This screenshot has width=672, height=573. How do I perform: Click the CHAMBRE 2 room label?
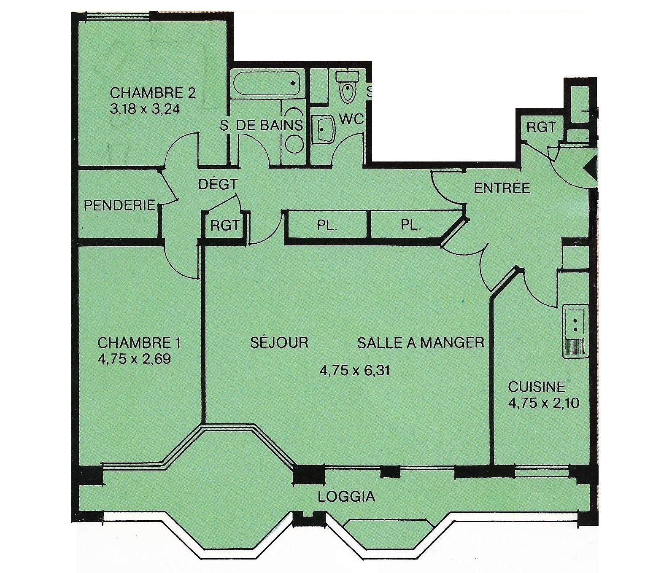[x=153, y=92]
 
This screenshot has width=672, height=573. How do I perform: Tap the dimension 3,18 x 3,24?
[x=145, y=109]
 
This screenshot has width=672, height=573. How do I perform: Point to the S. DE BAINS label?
[x=261, y=125]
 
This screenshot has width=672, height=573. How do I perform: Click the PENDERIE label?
[x=120, y=205]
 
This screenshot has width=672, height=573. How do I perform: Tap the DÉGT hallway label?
[x=218, y=184]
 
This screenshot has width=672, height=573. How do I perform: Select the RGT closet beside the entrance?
[x=541, y=126]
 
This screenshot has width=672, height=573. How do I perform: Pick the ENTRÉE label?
[x=502, y=188]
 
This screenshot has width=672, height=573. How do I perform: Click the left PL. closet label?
[x=327, y=225]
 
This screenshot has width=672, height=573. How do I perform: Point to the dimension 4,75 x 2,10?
[x=543, y=403]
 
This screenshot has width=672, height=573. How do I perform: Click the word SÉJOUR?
[x=279, y=342]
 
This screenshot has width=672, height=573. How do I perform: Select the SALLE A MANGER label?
[x=421, y=342]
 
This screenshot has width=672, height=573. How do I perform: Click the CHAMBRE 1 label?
[x=139, y=342]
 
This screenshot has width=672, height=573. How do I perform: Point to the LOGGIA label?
[x=346, y=497]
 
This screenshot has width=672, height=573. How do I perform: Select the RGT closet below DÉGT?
[x=225, y=226]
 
